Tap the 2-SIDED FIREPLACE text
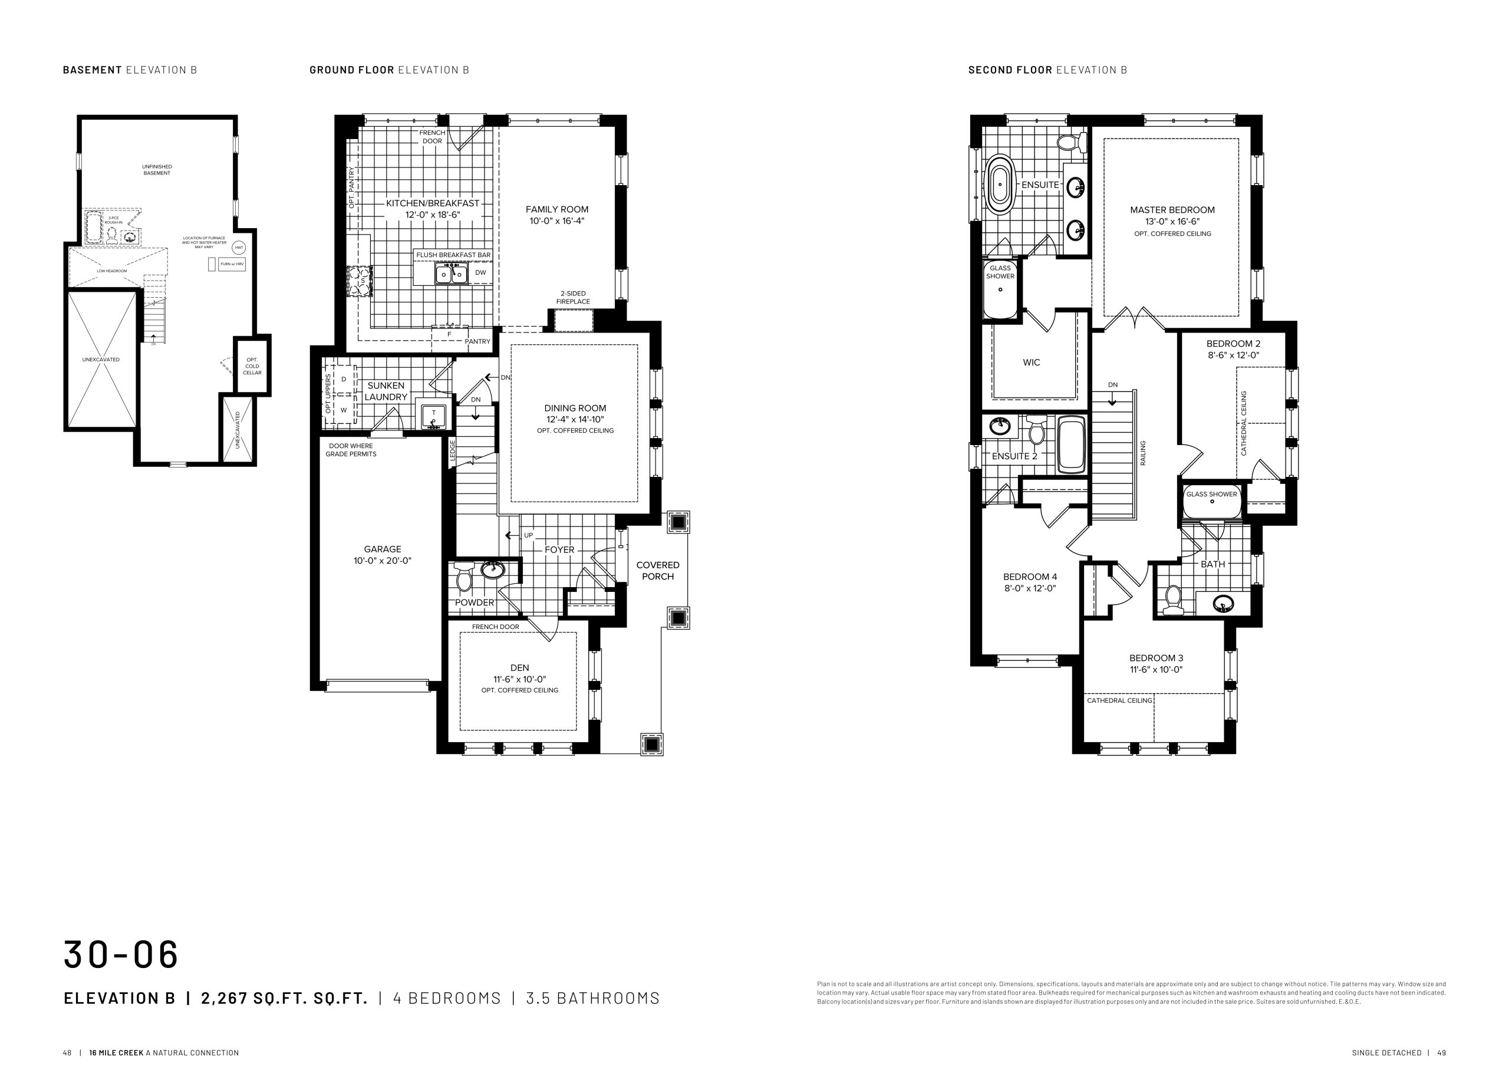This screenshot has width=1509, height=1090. (x=573, y=298)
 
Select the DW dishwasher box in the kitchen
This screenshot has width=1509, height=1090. (x=480, y=273)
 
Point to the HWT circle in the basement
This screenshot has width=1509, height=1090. (x=239, y=248)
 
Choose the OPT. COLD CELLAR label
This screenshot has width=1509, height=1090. (x=252, y=366)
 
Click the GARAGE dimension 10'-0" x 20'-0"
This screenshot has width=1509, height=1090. (x=383, y=561)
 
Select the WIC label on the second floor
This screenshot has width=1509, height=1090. (x=1032, y=363)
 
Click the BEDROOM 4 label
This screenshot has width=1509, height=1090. (x=1030, y=577)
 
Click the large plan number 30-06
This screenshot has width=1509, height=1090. (x=121, y=955)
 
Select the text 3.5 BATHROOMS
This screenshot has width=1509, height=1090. (x=593, y=998)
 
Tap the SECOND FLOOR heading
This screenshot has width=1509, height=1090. (x=1010, y=70)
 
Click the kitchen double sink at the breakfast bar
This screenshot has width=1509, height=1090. (x=452, y=274)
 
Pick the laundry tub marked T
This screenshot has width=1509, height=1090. (x=433, y=415)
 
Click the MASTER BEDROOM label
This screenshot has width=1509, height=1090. (x=1172, y=210)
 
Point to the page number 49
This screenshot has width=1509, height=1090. (x=1441, y=1053)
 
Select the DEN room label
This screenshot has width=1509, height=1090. (x=520, y=668)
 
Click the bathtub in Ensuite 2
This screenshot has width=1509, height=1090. (x=1071, y=444)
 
